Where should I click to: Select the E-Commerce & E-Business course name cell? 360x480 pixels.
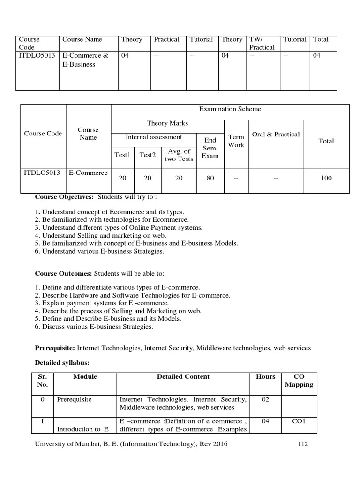click(x=85, y=60)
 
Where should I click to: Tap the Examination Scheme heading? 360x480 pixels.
click(x=230, y=109)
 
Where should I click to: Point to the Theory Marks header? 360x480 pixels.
click(x=167, y=123)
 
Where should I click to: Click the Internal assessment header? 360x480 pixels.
click(x=154, y=137)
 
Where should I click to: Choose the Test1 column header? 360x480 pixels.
click(x=122, y=155)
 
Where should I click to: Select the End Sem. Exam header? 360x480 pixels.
click(x=210, y=148)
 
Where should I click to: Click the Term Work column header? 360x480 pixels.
click(x=236, y=141)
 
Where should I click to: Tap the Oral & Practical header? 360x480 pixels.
click(x=276, y=134)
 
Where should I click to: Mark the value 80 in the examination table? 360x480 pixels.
click(x=210, y=178)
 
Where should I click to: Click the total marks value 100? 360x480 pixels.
click(x=326, y=178)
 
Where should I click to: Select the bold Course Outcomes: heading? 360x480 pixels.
click(x=64, y=273)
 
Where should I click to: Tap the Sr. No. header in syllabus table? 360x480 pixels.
click(x=42, y=381)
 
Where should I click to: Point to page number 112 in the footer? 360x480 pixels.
click(x=302, y=444)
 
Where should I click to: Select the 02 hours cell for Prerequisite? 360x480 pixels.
click(x=266, y=399)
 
